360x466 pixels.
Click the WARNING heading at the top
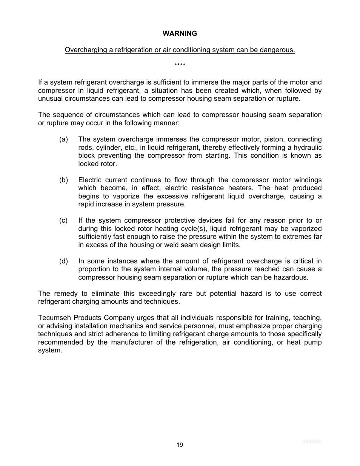180,34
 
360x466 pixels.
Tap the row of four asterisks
180,66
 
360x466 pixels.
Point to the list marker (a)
63,140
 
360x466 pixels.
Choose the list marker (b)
63,180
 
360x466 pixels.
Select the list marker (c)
63,220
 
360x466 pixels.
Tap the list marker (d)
63,261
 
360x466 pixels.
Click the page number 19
180,445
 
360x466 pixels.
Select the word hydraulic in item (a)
308,148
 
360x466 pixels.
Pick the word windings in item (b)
308,180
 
